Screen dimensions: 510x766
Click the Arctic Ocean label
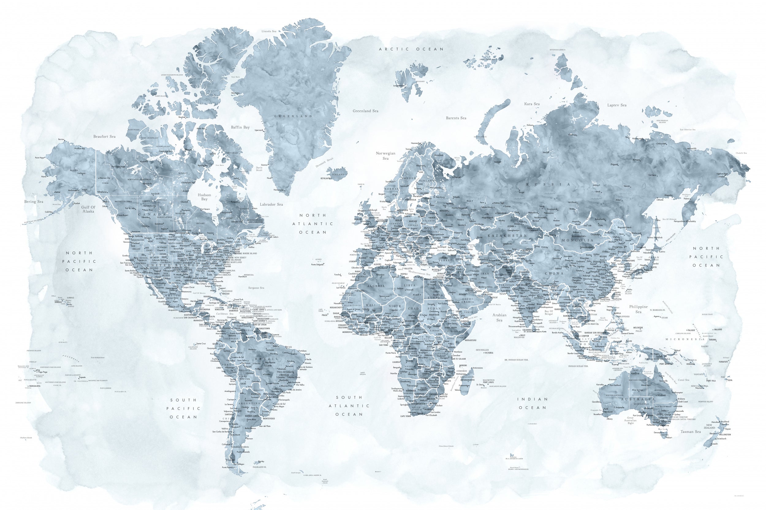(x=411, y=49)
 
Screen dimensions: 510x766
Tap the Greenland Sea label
(x=366, y=111)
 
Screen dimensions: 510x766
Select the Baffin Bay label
(x=240, y=127)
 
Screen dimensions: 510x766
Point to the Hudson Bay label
(x=204, y=197)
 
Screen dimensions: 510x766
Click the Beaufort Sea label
(x=104, y=137)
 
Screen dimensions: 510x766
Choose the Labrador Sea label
(x=271, y=205)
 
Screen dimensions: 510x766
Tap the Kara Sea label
(x=532, y=104)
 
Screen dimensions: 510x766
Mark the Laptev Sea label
(x=617, y=105)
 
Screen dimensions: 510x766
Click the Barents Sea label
(x=456, y=118)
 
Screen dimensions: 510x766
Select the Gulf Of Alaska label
(x=88, y=209)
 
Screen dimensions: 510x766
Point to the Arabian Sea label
(x=499, y=318)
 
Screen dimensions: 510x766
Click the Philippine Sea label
(x=638, y=309)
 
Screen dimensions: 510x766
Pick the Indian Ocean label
(x=532, y=403)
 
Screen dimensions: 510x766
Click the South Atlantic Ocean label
(x=349, y=406)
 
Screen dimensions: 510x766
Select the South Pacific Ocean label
(x=183, y=408)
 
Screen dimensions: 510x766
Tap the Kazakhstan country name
(x=507, y=236)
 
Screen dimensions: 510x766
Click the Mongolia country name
(x=578, y=240)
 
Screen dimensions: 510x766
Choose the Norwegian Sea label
(x=386, y=155)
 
